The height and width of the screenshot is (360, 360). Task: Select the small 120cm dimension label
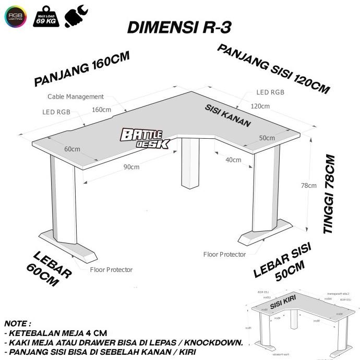(260, 106)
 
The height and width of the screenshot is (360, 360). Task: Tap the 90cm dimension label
(131, 167)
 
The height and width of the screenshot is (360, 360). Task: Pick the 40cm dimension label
(233, 159)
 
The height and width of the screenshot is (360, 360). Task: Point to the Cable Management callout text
(76, 97)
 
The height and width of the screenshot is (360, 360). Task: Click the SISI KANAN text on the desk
(227, 116)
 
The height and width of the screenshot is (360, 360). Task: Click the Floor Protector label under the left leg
(111, 270)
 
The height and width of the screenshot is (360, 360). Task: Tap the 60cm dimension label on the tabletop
(72, 149)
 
